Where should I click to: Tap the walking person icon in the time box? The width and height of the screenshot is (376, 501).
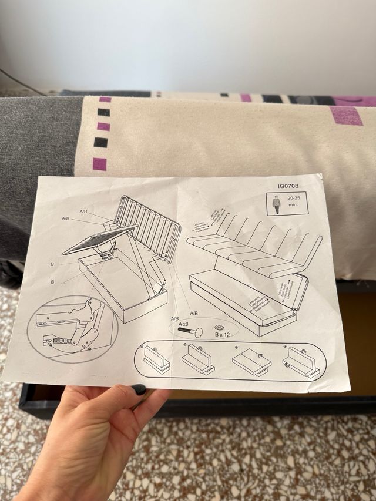click(x=277, y=205)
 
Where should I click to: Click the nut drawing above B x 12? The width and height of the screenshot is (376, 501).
click(x=219, y=328)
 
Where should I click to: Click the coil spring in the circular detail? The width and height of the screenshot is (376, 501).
click(x=62, y=340)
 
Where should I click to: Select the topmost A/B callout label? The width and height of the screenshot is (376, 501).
click(x=83, y=211)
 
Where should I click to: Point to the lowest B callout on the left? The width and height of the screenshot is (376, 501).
click(x=52, y=282)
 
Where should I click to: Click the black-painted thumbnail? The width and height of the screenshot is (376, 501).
click(x=139, y=389)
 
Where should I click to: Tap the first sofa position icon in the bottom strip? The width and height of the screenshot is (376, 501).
click(x=156, y=359)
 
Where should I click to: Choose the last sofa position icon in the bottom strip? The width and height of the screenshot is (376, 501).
click(x=299, y=361)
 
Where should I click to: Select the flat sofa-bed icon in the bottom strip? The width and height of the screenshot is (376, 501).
click(x=251, y=361)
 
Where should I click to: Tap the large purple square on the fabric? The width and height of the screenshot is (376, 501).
click(x=346, y=115)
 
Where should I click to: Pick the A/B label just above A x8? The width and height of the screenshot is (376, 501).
click(x=174, y=318)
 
